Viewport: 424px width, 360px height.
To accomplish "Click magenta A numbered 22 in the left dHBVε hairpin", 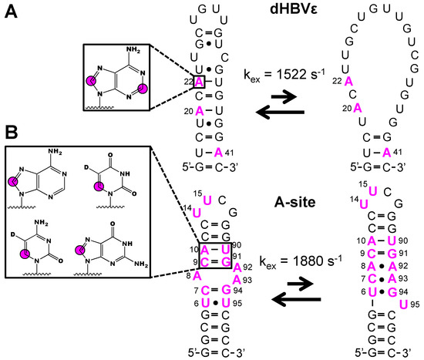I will point(200,82).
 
